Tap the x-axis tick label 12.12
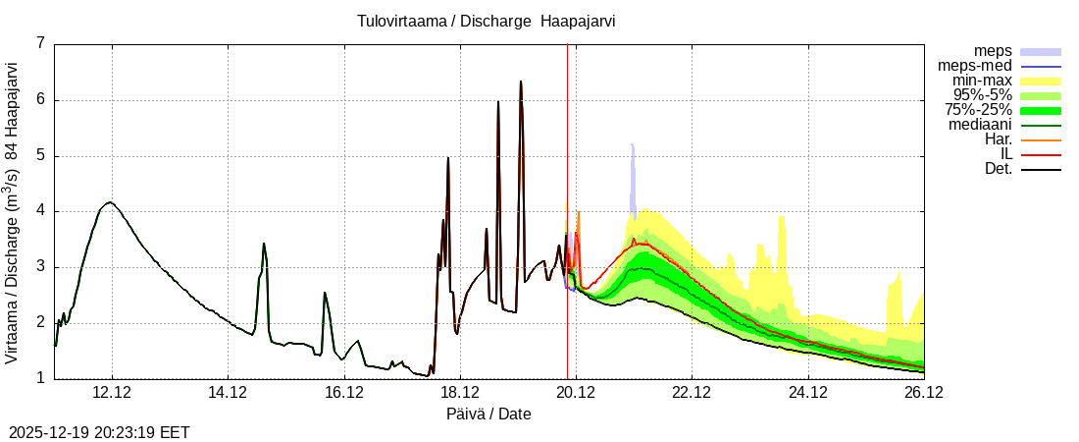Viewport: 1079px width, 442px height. tap(112, 393)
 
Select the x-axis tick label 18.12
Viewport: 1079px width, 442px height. tap(460, 393)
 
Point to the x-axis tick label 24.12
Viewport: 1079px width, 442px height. tap(807, 393)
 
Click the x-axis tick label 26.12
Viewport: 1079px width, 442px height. tap(923, 393)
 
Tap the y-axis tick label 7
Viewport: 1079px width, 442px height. tap(40, 43)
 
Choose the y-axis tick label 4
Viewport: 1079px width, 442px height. tap(40, 211)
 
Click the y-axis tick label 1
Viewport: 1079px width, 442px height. tap(40, 379)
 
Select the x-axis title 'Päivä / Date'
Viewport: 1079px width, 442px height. tap(488, 414)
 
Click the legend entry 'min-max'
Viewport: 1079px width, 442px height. tap(981, 81)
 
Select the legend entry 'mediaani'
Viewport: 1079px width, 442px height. tap(980, 125)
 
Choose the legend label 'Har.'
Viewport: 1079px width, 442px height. tap(998, 139)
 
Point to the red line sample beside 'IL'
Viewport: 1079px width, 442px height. tap(1042, 154)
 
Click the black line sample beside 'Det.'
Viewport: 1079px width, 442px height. tap(1042, 169)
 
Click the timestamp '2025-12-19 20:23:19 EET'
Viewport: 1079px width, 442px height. tap(99, 432)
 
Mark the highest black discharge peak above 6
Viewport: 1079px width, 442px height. tap(521, 82)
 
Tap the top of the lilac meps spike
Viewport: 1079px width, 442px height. tap(633, 145)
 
